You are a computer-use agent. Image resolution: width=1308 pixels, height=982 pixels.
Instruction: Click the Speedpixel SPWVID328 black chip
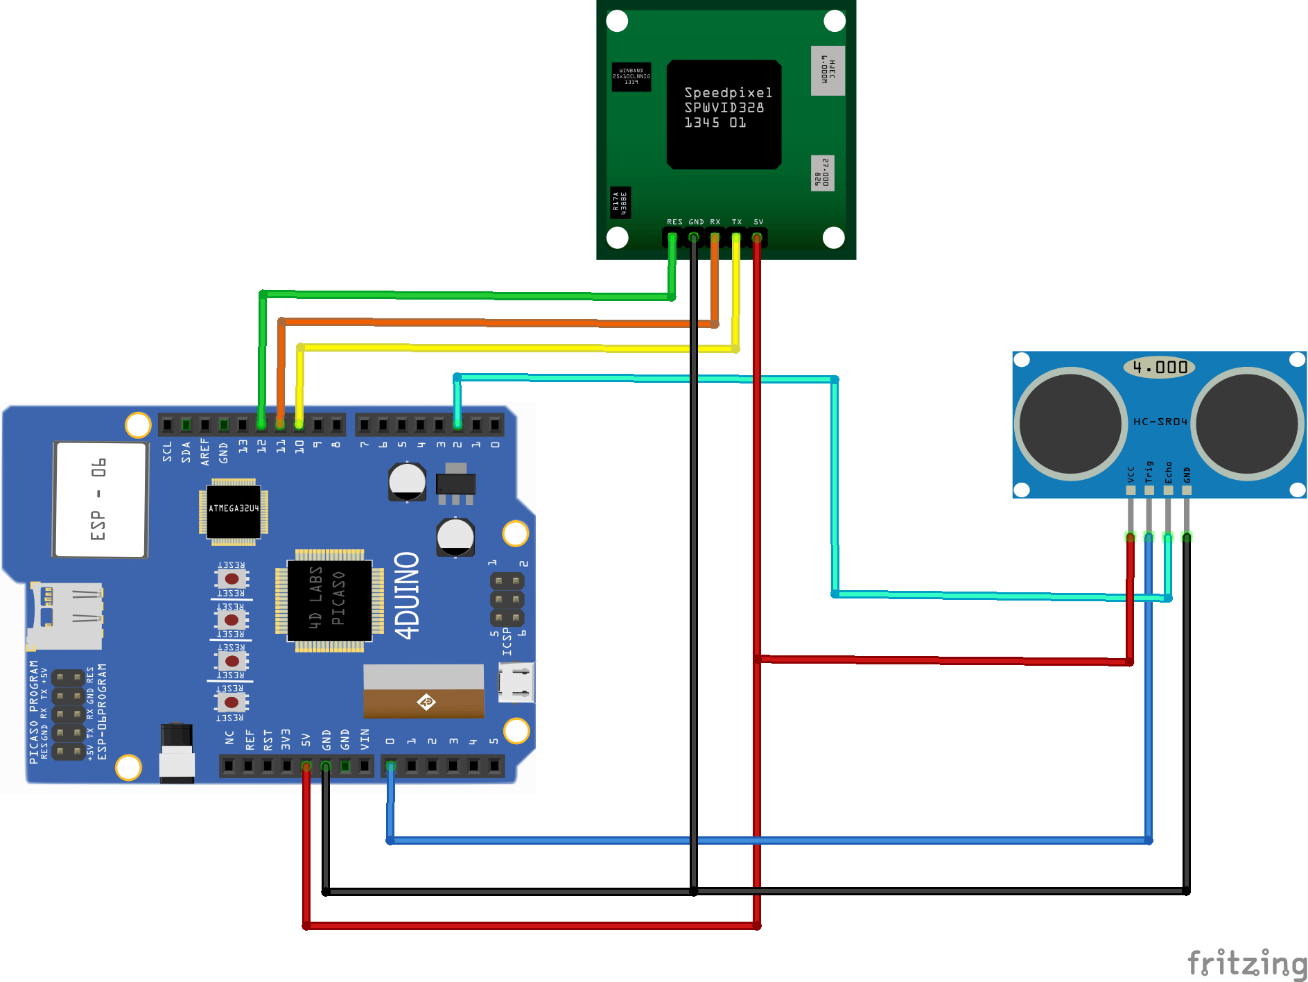(724, 114)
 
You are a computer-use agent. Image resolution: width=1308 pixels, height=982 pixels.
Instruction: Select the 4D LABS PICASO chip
(329, 601)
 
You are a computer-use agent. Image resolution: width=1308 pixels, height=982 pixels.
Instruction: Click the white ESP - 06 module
(101, 499)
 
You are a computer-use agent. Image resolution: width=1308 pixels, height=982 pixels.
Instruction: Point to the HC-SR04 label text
(1160, 422)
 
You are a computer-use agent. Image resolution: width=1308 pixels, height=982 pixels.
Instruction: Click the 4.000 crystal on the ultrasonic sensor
(1159, 367)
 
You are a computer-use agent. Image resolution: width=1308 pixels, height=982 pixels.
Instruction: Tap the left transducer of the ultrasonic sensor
(1070, 423)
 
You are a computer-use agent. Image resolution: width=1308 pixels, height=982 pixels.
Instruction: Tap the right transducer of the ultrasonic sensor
(1247, 423)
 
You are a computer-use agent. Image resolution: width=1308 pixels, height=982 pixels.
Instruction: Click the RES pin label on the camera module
(674, 222)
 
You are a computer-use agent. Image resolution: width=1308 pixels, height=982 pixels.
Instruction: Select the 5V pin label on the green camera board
(758, 222)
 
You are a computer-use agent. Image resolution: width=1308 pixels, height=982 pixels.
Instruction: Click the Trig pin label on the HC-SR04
(1149, 472)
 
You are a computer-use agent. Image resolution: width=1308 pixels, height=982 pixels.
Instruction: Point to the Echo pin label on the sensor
(1168, 472)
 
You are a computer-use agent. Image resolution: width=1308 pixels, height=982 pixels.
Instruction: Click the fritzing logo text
(1246, 963)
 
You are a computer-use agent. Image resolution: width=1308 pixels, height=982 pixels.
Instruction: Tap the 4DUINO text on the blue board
(408, 595)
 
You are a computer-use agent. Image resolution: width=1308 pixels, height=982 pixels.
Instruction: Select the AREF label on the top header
(204, 451)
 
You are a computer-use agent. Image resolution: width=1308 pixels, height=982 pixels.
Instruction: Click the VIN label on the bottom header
(365, 739)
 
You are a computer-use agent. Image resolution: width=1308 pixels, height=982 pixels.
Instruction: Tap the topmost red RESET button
(232, 578)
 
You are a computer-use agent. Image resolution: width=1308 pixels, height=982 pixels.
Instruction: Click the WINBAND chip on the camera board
(631, 76)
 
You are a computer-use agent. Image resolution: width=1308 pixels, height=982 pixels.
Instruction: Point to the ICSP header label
(507, 641)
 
